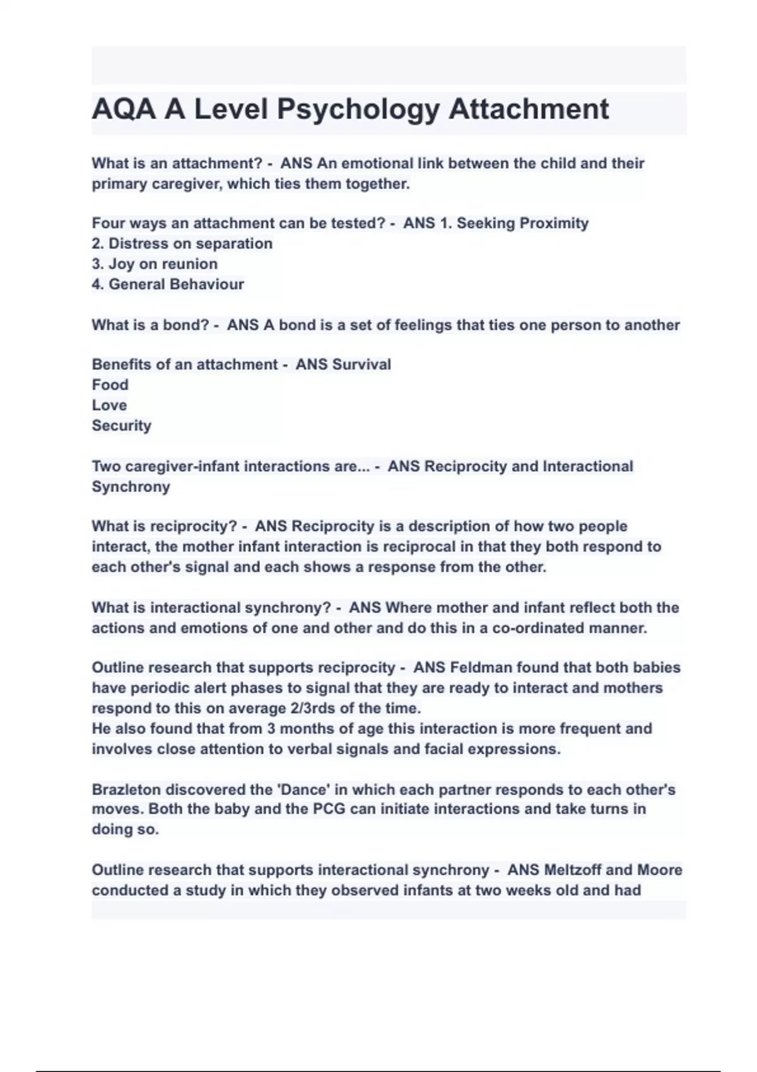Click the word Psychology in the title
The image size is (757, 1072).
[x=358, y=110]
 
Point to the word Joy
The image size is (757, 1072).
[x=122, y=264]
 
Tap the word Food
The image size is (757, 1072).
[x=110, y=385]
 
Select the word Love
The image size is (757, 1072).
[x=109, y=405]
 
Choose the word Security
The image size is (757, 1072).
[x=121, y=426]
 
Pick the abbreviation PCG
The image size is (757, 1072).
[x=329, y=809]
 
